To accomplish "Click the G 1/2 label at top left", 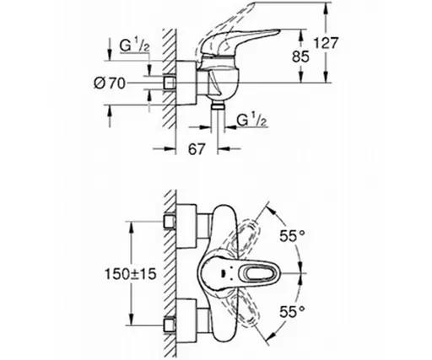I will point(134,44).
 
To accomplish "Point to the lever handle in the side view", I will point(245,40).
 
